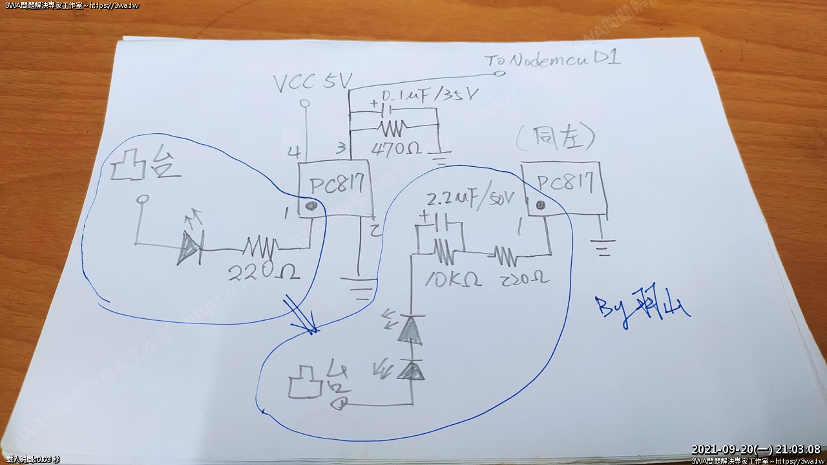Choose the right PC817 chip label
(565, 184)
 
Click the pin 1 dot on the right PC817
(540, 205)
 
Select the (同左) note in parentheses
(556, 138)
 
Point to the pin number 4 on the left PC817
(294, 153)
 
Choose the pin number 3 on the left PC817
(340, 150)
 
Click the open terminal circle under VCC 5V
(306, 103)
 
